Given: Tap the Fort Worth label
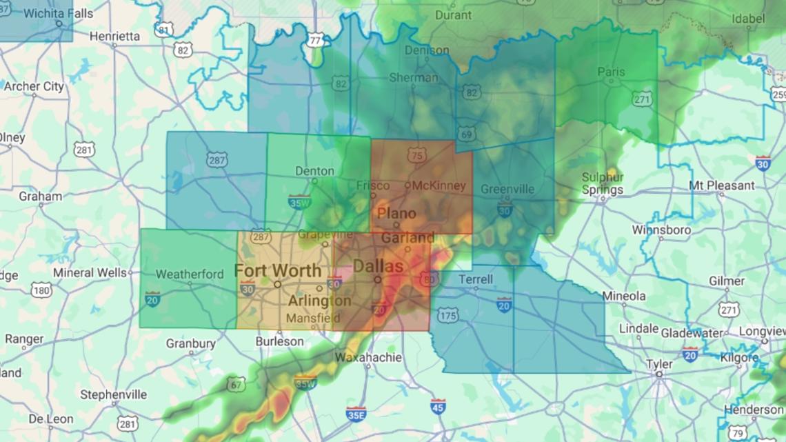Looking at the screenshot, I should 278,270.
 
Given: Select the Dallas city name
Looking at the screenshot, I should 378,265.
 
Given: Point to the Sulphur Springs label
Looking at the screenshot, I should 602,183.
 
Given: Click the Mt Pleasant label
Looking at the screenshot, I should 722,185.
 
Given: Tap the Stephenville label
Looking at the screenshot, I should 114,394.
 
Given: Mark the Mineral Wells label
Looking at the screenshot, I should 90,272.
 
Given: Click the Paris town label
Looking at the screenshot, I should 611,72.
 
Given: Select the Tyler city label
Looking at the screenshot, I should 658,363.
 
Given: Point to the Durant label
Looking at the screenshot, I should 454,14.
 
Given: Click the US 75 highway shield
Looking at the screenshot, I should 416,156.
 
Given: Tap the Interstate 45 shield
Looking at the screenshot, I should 438,407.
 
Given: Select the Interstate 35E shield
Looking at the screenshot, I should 356,414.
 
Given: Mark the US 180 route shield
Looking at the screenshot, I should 41,290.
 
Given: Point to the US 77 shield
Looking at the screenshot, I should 316,41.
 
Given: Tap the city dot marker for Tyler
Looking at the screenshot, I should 659,374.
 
